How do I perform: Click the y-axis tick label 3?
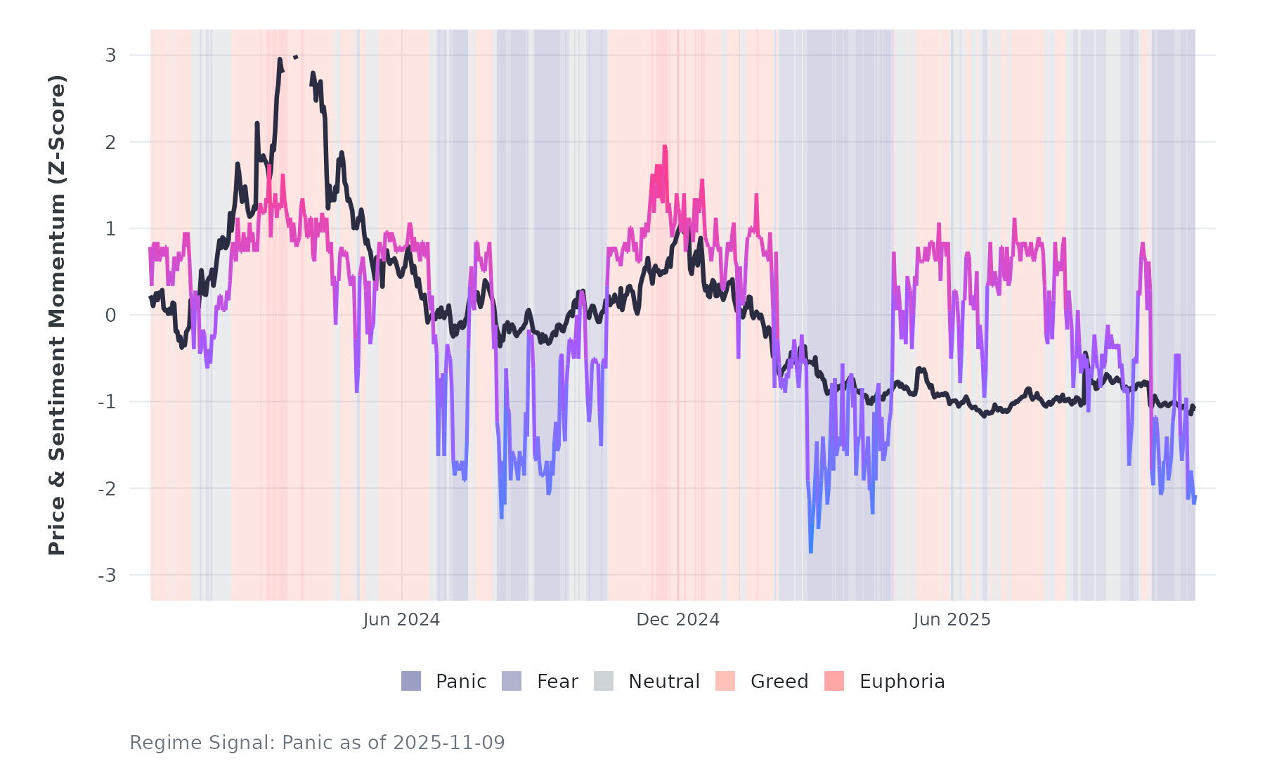(110, 56)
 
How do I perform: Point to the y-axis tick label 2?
(110, 143)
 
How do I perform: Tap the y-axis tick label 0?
(110, 316)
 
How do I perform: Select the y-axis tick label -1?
(107, 402)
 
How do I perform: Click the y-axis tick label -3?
(107, 576)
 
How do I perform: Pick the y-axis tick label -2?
(107, 489)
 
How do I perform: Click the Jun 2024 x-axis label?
(401, 620)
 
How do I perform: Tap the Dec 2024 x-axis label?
(677, 620)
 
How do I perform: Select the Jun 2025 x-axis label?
(952, 620)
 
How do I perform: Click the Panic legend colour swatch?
(411, 681)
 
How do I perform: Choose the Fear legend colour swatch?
(512, 681)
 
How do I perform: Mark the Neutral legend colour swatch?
(604, 681)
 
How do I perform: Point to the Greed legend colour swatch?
(725, 681)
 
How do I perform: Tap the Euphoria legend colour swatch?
(834, 681)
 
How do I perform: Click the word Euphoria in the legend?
(902, 682)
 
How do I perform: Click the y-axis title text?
(57, 315)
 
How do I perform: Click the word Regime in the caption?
(156, 743)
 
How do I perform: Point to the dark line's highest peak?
(280, 60)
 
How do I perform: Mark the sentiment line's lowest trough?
(810, 552)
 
